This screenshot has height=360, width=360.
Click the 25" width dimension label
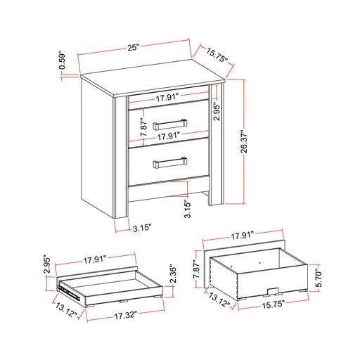pyautogui.click(x=133, y=47)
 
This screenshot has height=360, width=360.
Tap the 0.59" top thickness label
pyautogui.click(x=62, y=63)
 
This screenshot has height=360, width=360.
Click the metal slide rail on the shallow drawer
pyautogui.click(x=65, y=287)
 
